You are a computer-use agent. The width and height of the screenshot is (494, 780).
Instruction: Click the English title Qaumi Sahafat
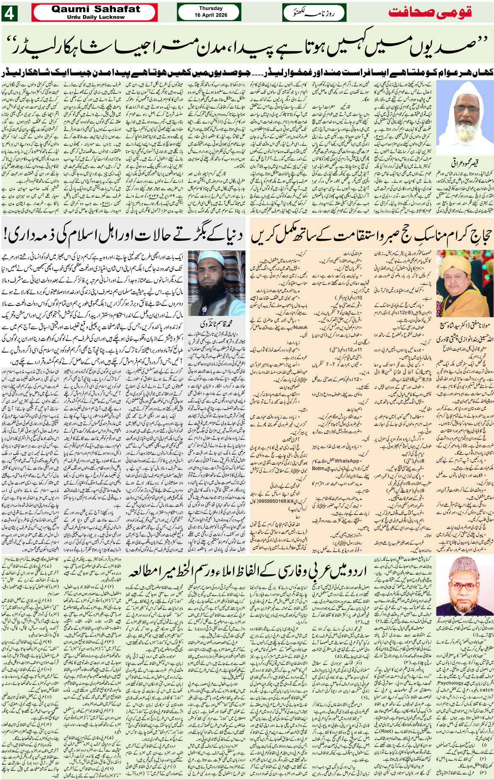click(96, 9)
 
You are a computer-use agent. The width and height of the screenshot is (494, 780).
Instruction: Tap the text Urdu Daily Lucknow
click(96, 17)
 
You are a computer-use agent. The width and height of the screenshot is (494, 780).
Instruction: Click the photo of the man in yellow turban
click(465, 282)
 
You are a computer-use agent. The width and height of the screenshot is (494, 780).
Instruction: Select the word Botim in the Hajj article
click(318, 468)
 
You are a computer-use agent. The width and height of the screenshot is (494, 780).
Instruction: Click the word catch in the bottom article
click(486, 690)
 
